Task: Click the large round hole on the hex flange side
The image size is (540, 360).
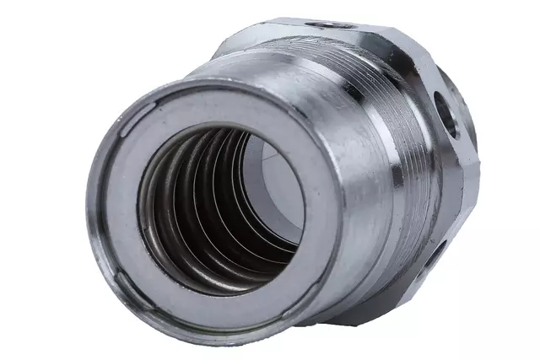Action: tap(445, 114)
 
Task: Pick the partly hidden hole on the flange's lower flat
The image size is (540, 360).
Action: tap(435, 248)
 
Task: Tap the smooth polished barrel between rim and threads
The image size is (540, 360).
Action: tap(337, 152)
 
